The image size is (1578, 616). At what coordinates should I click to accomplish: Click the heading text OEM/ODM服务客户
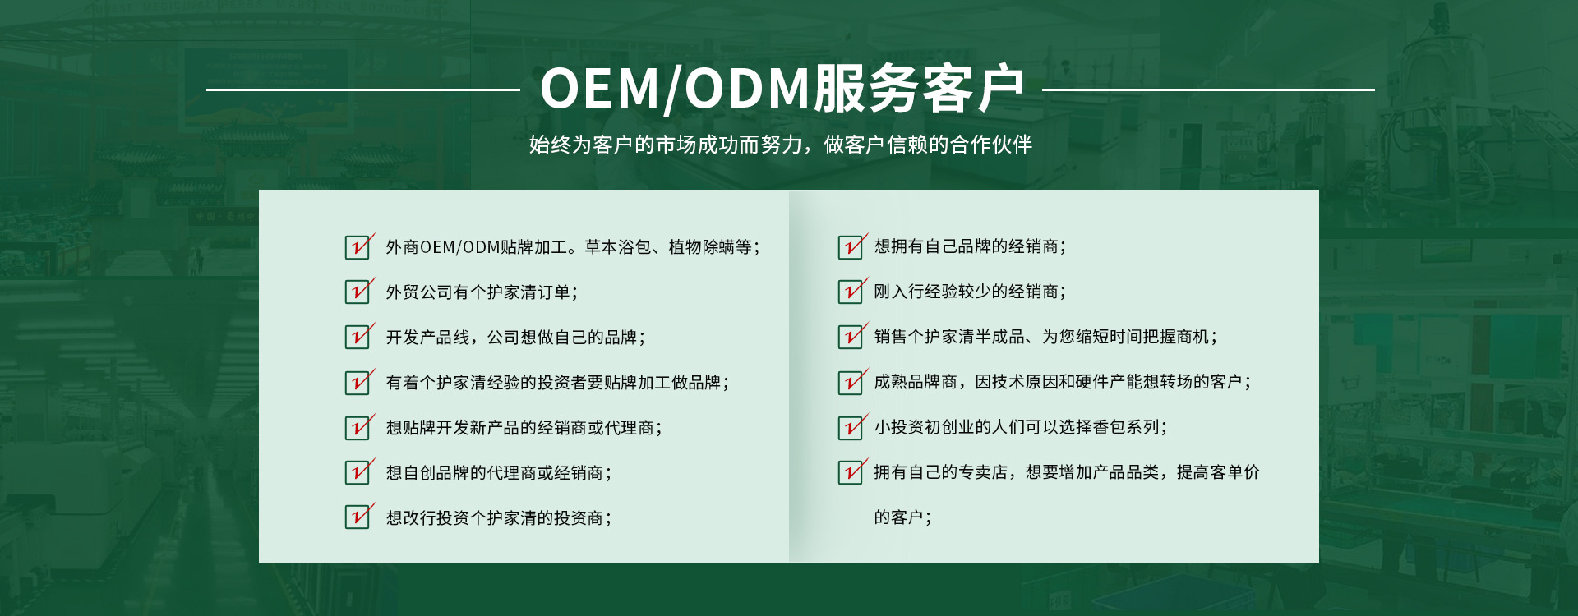pyautogui.click(x=782, y=89)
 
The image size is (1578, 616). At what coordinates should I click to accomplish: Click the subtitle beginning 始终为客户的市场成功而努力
pyautogui.click(x=781, y=145)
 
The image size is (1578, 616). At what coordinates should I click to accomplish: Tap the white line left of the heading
pyautogui.click(x=362, y=90)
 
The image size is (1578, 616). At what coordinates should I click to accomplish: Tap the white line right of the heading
pyautogui.click(x=1208, y=90)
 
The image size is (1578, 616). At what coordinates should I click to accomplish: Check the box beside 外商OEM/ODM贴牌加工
pyautogui.click(x=358, y=246)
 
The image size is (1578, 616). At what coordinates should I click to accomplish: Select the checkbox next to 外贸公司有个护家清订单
pyautogui.click(x=358, y=292)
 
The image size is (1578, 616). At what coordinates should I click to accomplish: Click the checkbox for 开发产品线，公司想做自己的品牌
pyautogui.click(x=358, y=337)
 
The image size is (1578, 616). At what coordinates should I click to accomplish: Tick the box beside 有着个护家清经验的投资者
pyautogui.click(x=358, y=382)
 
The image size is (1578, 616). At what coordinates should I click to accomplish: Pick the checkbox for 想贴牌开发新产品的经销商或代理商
pyautogui.click(x=358, y=427)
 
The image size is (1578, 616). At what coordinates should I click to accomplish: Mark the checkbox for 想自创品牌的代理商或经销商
pyautogui.click(x=358, y=472)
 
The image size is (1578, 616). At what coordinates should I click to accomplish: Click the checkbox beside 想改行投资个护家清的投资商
pyautogui.click(x=358, y=517)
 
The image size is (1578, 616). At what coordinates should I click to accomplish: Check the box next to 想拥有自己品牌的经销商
pyautogui.click(x=851, y=246)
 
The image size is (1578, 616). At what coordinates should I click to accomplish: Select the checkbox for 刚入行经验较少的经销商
pyautogui.click(x=851, y=292)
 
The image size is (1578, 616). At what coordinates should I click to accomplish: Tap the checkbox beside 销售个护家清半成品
pyautogui.click(x=851, y=337)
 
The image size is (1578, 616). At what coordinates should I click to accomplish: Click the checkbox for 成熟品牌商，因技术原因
pyautogui.click(x=851, y=382)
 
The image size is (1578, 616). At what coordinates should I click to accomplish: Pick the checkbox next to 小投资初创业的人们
pyautogui.click(x=851, y=427)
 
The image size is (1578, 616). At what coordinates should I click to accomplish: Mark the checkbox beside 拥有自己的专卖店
pyautogui.click(x=851, y=472)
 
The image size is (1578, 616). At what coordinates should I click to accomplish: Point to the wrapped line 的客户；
pyautogui.click(x=902, y=517)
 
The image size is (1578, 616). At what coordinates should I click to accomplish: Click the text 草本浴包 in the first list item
pyautogui.click(x=617, y=246)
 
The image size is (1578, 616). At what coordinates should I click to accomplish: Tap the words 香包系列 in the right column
pyautogui.click(x=1125, y=427)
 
